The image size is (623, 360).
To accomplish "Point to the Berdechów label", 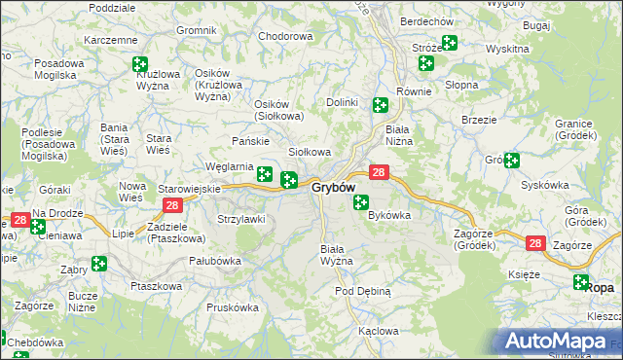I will (x=427, y=21).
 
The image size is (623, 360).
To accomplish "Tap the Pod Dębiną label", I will (x=363, y=291).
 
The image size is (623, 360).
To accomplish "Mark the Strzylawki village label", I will (x=240, y=219).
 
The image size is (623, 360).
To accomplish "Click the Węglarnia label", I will (x=230, y=166).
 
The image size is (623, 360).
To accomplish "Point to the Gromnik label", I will (x=196, y=30).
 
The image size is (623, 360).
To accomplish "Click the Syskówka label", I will (x=544, y=184).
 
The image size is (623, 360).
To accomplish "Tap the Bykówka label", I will (x=389, y=215).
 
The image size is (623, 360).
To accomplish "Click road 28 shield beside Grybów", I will (x=381, y=172).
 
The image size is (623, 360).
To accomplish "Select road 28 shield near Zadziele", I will (x=172, y=204).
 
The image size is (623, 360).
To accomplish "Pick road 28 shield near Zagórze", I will (x=534, y=243).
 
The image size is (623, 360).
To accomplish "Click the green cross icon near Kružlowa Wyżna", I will (x=139, y=64).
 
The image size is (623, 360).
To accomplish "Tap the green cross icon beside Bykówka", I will (x=361, y=202).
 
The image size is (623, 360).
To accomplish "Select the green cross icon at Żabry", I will (x=98, y=263).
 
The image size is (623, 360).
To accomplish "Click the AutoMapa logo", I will (x=562, y=342).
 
